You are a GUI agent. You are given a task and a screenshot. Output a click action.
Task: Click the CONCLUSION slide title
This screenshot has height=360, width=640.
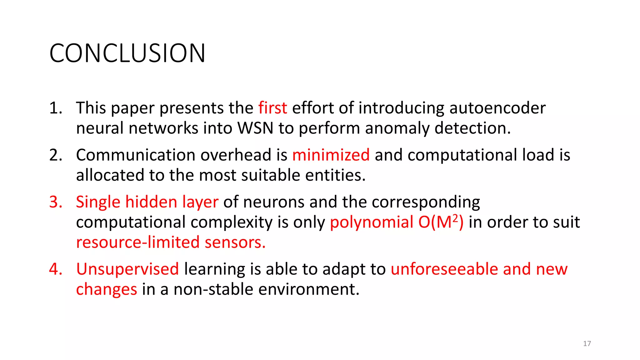(127, 53)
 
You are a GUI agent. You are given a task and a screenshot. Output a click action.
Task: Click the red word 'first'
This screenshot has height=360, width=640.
(272, 108)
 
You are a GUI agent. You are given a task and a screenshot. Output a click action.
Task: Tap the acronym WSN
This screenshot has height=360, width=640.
(255, 128)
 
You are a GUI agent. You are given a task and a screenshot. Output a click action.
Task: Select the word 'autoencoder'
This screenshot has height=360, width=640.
(497, 108)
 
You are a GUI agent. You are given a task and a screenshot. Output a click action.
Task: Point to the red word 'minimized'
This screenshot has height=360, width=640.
(331, 155)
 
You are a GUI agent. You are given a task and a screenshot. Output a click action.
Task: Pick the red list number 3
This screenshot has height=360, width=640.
(56, 202)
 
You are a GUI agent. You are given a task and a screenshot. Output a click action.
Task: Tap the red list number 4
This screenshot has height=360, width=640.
(56, 269)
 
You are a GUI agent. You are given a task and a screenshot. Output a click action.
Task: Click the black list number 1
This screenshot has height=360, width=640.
(56, 108)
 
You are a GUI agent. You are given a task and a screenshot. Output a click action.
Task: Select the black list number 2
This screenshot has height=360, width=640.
(56, 155)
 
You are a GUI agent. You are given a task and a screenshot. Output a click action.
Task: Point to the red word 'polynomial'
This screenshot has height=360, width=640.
(372, 222)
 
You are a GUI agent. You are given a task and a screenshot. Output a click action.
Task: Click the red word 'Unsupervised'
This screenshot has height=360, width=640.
(127, 269)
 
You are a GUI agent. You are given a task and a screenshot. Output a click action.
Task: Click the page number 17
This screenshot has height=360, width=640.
(587, 344)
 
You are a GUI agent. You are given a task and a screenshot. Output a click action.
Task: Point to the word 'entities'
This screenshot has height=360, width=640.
(335, 175)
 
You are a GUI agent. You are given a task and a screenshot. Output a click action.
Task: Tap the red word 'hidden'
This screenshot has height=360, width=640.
(151, 202)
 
